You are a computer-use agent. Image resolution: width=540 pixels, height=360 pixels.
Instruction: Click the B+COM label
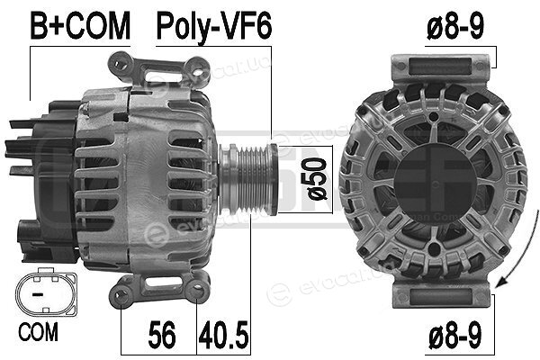click(x=80, y=25)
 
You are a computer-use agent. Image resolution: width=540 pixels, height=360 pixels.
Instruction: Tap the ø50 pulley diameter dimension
click(x=316, y=179)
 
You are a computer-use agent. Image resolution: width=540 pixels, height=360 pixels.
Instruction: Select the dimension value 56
click(x=162, y=334)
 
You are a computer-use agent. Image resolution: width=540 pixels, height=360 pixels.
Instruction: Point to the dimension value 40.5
click(x=223, y=334)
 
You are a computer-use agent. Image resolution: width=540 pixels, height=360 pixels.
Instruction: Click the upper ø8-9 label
click(x=455, y=26)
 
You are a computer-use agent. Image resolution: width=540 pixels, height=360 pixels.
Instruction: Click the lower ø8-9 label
click(x=455, y=335)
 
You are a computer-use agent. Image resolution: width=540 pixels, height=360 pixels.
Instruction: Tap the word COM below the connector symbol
click(x=38, y=332)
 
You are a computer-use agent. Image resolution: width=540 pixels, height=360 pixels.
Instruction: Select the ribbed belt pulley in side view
click(x=248, y=179)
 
